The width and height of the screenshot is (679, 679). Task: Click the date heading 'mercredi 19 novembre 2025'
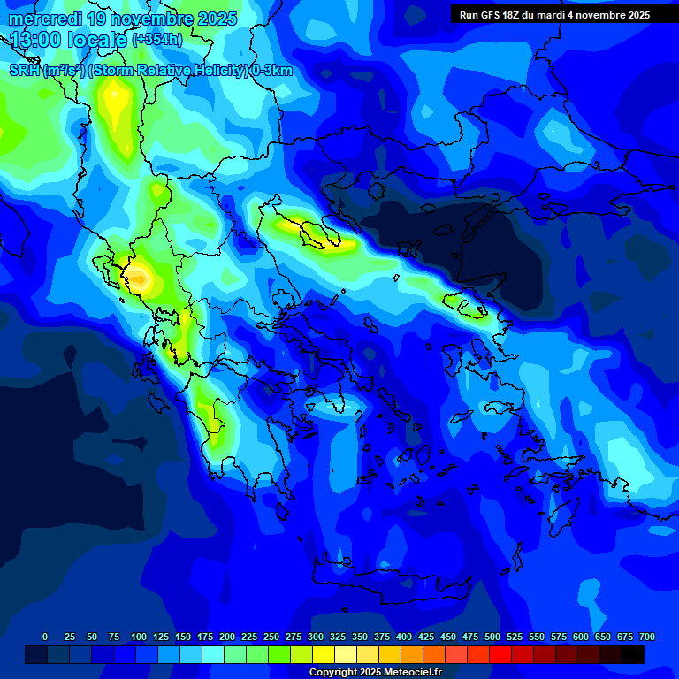click(x=123, y=19)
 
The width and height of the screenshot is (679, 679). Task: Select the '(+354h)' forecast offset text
click(x=156, y=40)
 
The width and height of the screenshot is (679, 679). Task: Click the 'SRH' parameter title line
click(x=150, y=71)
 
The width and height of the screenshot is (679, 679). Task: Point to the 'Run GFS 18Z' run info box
click(x=554, y=15)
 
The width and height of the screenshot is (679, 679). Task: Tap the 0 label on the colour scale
click(x=45, y=637)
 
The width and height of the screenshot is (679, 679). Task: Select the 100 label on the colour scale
click(x=139, y=637)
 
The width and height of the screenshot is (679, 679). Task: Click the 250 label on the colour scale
click(x=271, y=637)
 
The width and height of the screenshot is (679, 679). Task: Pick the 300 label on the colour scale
click(x=316, y=637)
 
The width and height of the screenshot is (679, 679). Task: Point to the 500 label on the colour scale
click(x=492, y=637)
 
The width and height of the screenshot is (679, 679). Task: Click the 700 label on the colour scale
click(x=646, y=637)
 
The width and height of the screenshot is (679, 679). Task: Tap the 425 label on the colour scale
click(x=426, y=637)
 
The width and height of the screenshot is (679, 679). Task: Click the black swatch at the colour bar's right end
click(x=632, y=654)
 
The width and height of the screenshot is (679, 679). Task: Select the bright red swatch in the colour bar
click(x=500, y=654)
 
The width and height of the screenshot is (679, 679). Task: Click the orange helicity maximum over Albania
click(x=140, y=280)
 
